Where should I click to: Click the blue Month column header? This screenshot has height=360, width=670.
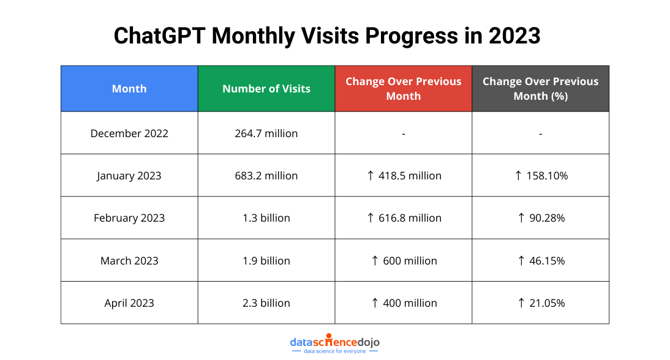pos(129,88)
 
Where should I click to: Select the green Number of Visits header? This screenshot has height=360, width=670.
pos(266,88)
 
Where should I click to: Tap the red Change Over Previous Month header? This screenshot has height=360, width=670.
pos(404,88)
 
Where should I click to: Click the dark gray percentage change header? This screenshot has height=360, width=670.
pos(541,88)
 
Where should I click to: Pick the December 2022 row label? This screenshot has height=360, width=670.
pos(129,133)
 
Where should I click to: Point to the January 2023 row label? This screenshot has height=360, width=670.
pos(129,176)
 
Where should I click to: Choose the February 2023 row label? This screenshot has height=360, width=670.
pos(129,218)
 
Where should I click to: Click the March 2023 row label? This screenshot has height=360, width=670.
pos(129,260)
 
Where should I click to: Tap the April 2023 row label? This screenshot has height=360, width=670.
pos(129,303)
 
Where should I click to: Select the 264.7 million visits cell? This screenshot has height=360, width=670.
pos(266,133)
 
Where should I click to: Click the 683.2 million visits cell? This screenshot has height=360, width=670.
pos(266,176)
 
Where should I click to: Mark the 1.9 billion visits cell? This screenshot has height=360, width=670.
pos(266,260)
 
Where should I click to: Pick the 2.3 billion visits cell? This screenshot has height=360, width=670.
pos(266,303)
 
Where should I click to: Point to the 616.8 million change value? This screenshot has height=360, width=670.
pos(410,218)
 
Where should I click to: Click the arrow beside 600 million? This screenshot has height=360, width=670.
pos(375,260)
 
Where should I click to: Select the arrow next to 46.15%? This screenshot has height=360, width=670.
pos(521,260)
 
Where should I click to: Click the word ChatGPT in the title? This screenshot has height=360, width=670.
pos(159,36)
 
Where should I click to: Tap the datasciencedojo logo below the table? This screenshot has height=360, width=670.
pos(334,343)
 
